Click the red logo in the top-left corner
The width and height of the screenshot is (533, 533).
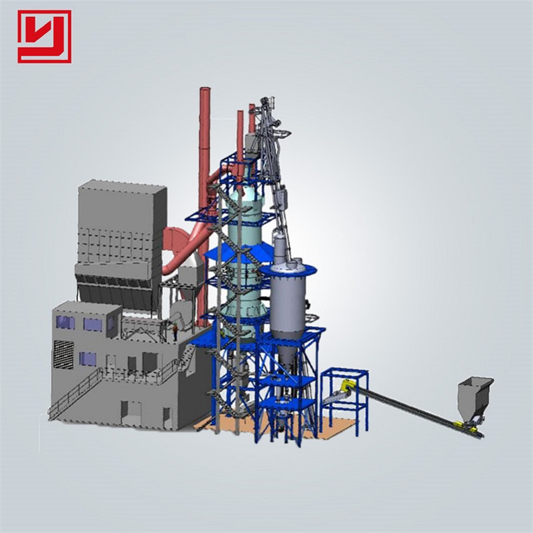[44, 36]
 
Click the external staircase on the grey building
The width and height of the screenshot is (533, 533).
[74, 393]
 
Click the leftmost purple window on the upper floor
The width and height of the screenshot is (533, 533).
[65, 322]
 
